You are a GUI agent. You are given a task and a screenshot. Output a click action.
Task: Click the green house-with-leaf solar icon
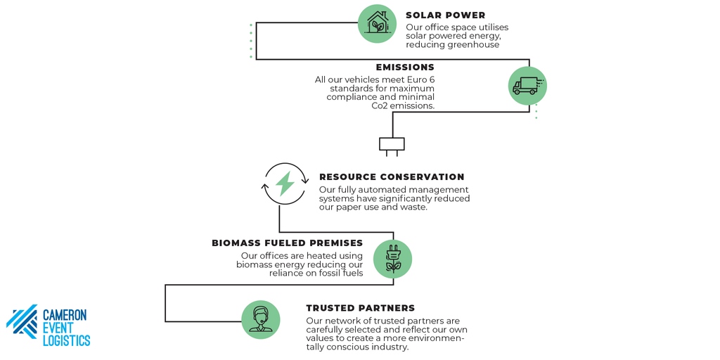377,23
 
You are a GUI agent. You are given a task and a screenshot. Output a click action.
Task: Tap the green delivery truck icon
527,85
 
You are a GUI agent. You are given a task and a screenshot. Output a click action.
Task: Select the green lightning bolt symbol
285,184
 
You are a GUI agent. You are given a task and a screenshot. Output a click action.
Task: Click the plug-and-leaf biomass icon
392,259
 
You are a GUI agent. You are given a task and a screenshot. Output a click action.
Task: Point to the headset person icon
260,320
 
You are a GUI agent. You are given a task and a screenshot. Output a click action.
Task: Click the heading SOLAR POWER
445,15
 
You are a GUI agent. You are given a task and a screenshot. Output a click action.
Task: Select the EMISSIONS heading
405,67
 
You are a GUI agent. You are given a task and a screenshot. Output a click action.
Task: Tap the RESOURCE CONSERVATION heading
392,176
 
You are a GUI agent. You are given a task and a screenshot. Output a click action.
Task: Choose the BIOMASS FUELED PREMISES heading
287,243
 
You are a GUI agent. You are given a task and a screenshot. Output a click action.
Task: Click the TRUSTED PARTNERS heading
361,308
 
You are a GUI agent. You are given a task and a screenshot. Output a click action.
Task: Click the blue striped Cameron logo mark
22,322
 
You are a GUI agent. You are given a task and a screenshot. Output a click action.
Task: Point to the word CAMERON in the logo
65,315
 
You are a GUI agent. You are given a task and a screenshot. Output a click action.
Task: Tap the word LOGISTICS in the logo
67,340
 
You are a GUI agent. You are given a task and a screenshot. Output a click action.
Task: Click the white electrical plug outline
392,144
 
